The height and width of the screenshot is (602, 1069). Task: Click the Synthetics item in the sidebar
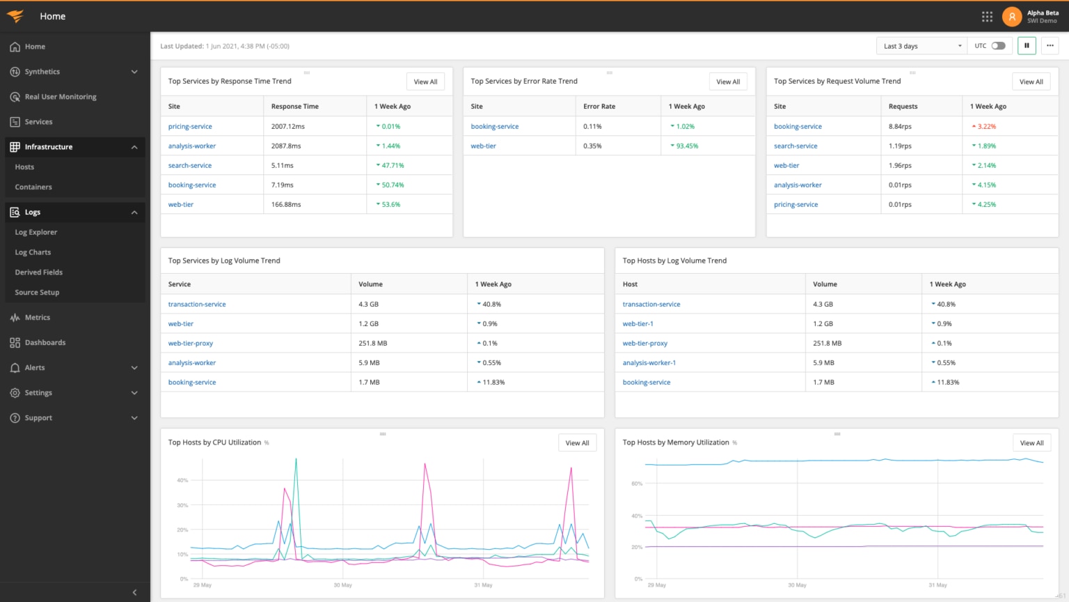coord(42,72)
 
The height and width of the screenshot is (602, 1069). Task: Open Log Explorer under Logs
coord(36,232)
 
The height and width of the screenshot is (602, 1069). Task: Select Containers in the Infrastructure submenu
coord(33,187)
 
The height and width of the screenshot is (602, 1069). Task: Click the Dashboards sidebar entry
coord(45,342)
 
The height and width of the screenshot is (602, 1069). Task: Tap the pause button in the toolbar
coord(1027,46)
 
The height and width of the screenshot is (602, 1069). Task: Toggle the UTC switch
coord(999,46)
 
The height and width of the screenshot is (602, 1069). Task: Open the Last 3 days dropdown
coord(921,46)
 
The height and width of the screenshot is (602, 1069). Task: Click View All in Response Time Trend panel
coord(425,82)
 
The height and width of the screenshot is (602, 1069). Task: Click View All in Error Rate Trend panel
coord(728,82)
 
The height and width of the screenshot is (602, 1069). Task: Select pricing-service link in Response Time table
coord(190,126)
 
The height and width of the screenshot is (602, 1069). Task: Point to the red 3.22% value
coord(986,126)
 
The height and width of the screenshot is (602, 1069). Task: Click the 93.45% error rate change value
coord(687,146)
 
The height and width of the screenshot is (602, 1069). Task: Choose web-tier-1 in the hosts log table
coord(638,323)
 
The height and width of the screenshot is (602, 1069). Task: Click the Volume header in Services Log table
coord(370,284)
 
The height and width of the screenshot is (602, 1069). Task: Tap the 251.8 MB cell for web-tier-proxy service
coord(372,343)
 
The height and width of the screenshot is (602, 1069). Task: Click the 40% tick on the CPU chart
coord(182,480)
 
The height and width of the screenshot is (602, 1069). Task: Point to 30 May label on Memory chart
coord(797,585)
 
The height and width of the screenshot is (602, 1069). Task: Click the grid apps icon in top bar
coord(987,16)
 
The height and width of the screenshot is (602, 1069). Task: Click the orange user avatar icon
coord(1012,16)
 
